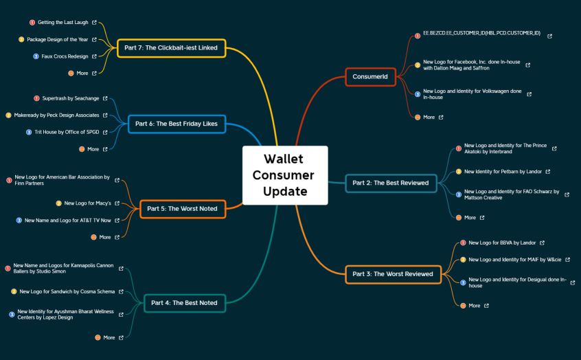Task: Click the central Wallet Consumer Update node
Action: [285, 175]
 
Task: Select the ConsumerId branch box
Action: [370, 77]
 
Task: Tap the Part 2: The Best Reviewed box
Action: [391, 183]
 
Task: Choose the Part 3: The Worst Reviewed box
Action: [393, 274]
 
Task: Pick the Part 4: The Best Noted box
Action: [185, 303]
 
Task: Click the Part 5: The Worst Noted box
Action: [183, 209]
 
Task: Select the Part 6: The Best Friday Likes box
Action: [176, 124]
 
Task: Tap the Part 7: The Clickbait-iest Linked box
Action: [171, 48]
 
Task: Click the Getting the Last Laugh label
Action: [63, 23]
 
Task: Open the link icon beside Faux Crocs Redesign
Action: [94, 56]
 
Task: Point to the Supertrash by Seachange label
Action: [71, 99]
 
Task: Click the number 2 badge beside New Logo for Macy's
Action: [58, 203]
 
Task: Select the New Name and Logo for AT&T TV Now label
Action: [68, 221]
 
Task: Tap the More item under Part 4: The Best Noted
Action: [109, 338]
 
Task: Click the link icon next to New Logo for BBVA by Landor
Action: [542, 243]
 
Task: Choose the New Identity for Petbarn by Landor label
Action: [503, 172]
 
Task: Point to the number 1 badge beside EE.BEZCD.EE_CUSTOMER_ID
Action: [418, 36]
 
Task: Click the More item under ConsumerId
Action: [429, 117]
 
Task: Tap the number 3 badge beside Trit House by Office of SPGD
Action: [29, 133]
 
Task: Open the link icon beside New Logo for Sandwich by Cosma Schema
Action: [121, 292]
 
